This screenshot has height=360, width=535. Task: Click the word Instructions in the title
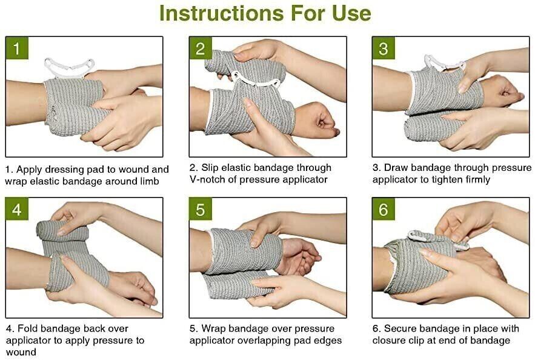[221, 13]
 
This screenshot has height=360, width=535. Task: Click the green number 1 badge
[17, 48]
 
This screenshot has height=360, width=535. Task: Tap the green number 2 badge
[201, 48]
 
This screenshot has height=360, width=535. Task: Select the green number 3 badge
[383, 48]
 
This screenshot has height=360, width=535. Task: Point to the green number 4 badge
[17, 209]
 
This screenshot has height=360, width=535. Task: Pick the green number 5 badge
[201, 209]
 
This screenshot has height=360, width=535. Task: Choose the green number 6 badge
[383, 209]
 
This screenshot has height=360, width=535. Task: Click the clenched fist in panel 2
[316, 119]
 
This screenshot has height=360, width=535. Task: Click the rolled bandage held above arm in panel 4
[62, 232]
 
